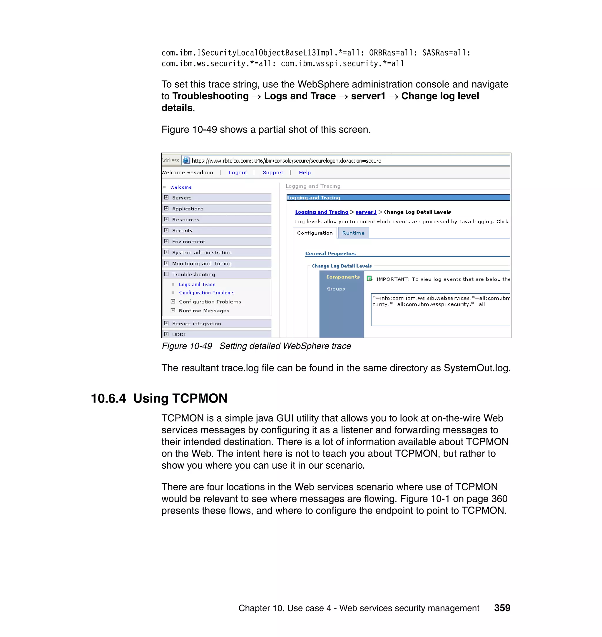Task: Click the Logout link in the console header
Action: click(238, 172)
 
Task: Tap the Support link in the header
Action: click(273, 172)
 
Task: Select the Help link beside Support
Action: click(305, 172)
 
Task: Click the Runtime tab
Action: click(353, 233)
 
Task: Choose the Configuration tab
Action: click(315, 233)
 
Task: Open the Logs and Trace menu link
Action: click(197, 284)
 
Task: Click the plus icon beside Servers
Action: click(166, 197)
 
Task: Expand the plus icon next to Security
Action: click(166, 230)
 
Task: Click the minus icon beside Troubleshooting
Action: click(166, 274)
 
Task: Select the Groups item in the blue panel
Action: click(336, 289)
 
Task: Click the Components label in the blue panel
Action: click(343, 277)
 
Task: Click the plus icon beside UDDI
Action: click(166, 334)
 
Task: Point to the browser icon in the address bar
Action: click(186, 160)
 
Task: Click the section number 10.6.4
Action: click(108, 398)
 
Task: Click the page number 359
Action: click(502, 608)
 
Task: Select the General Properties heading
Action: click(330, 253)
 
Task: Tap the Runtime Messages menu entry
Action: click(204, 311)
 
